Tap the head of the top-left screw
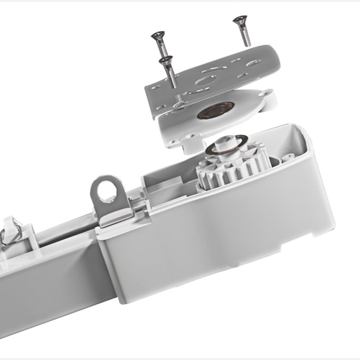click(x=157, y=34)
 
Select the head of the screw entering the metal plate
click(x=165, y=58)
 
